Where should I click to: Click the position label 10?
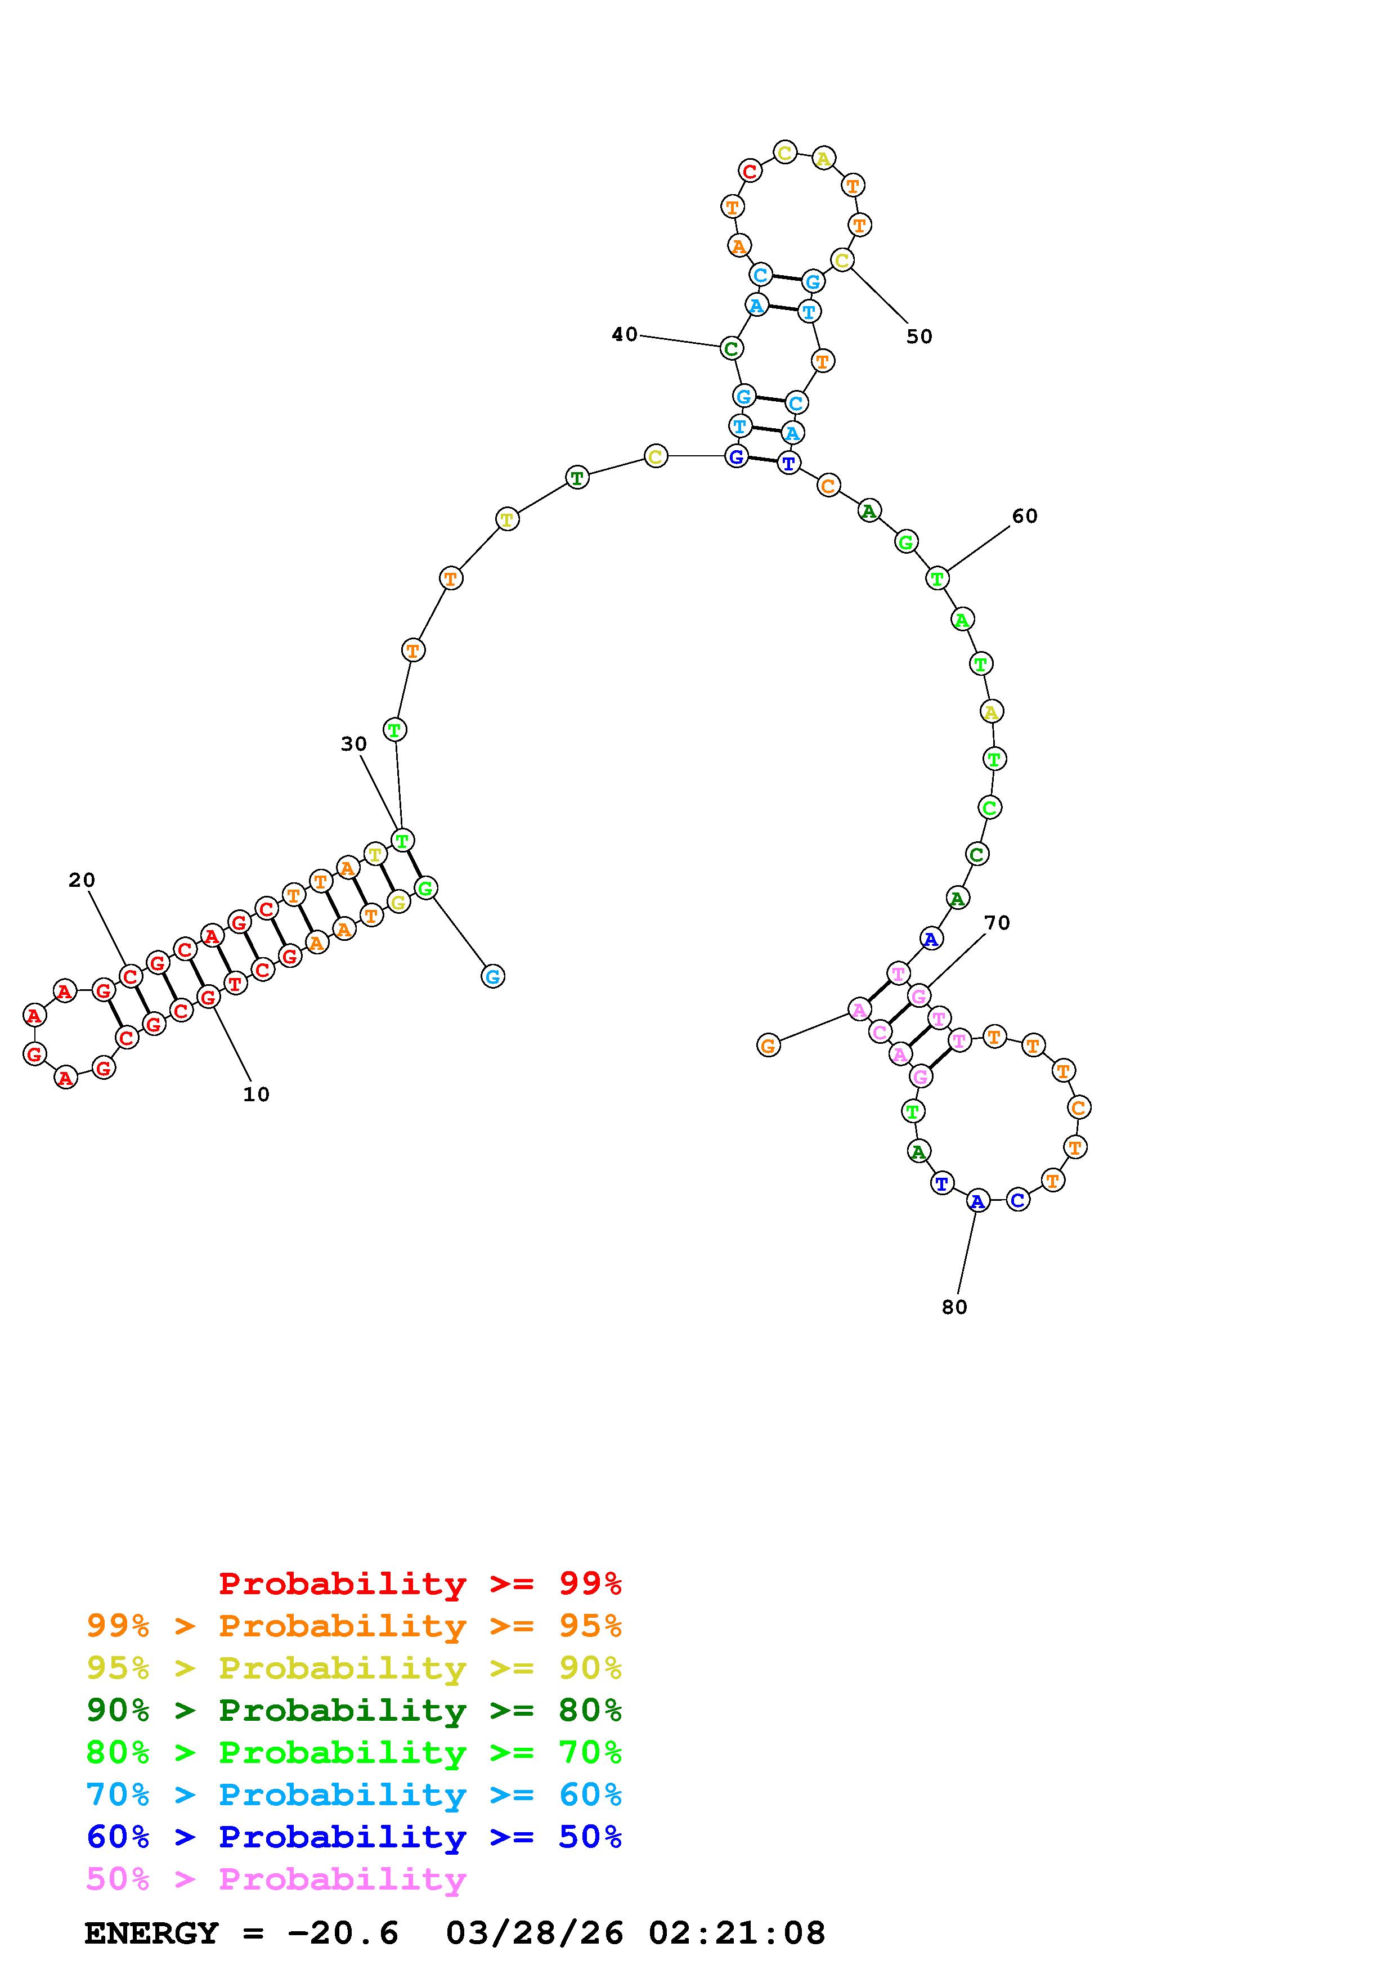(256, 1094)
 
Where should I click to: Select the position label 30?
(353, 744)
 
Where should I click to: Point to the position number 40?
(625, 334)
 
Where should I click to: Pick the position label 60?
(1025, 516)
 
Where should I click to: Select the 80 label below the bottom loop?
(954, 1307)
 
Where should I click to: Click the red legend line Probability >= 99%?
(420, 1583)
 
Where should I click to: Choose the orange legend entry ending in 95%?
(354, 1626)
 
